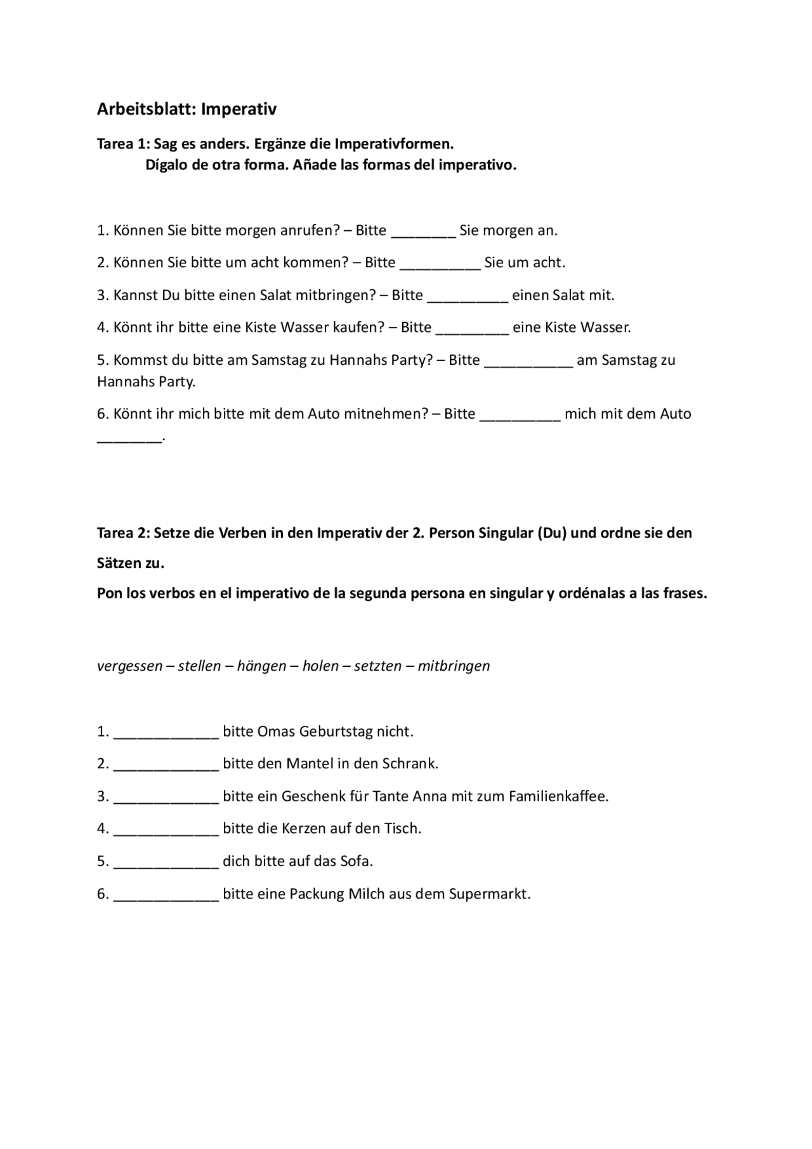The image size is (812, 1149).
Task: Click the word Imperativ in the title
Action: (x=239, y=109)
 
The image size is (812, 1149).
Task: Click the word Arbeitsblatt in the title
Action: (x=147, y=109)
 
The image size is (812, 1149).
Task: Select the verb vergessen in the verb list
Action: (x=129, y=666)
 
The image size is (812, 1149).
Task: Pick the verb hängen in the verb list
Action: (x=261, y=666)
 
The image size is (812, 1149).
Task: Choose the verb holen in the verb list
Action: (x=320, y=666)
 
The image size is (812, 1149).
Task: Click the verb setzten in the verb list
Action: (x=378, y=666)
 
